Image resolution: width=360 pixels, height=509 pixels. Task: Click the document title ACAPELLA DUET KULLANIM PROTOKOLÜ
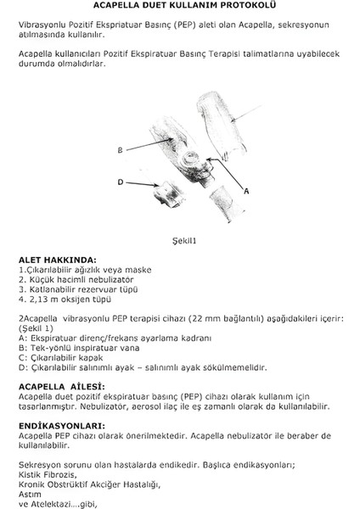179,8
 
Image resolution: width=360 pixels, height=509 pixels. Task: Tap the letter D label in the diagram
121,181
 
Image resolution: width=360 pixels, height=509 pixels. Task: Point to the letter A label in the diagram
245,193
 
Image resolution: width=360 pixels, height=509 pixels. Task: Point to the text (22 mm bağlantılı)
222,318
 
